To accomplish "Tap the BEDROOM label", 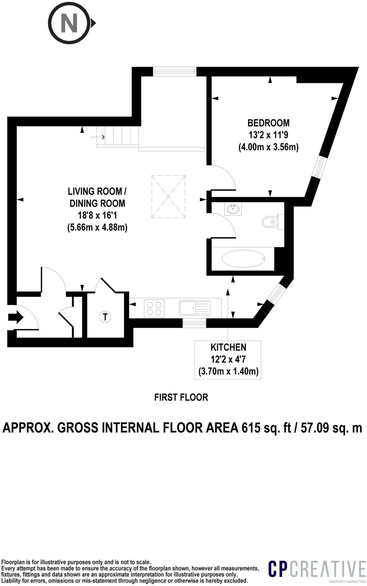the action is pos(269,123).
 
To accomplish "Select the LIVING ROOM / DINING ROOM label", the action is pos(97,197).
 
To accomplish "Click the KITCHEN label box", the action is pos(228,360).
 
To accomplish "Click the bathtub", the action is pos(244,259).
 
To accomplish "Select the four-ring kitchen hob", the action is pos(154,308).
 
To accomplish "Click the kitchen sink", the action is pos(195,308).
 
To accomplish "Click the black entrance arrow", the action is pos(16,317).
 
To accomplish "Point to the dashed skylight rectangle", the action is pos(168,197).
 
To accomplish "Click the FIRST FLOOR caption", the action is pos(181,397).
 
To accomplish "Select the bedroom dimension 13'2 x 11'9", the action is pos(269,135).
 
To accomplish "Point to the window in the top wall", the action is pos(175,72).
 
